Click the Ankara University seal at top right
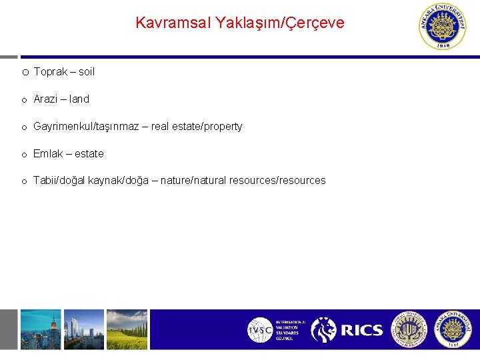point(442,27)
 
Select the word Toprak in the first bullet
point(50,71)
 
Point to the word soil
point(87,71)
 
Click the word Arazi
point(46,99)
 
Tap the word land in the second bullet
point(79,99)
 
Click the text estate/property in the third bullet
point(210,126)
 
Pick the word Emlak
point(48,153)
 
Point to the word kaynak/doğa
point(120,181)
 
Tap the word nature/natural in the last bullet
point(194,181)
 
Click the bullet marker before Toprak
point(24,72)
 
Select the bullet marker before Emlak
point(24,154)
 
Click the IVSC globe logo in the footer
point(260,330)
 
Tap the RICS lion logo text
point(362,330)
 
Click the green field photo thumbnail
point(127,329)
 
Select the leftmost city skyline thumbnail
point(41,329)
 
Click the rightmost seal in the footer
point(453,329)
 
